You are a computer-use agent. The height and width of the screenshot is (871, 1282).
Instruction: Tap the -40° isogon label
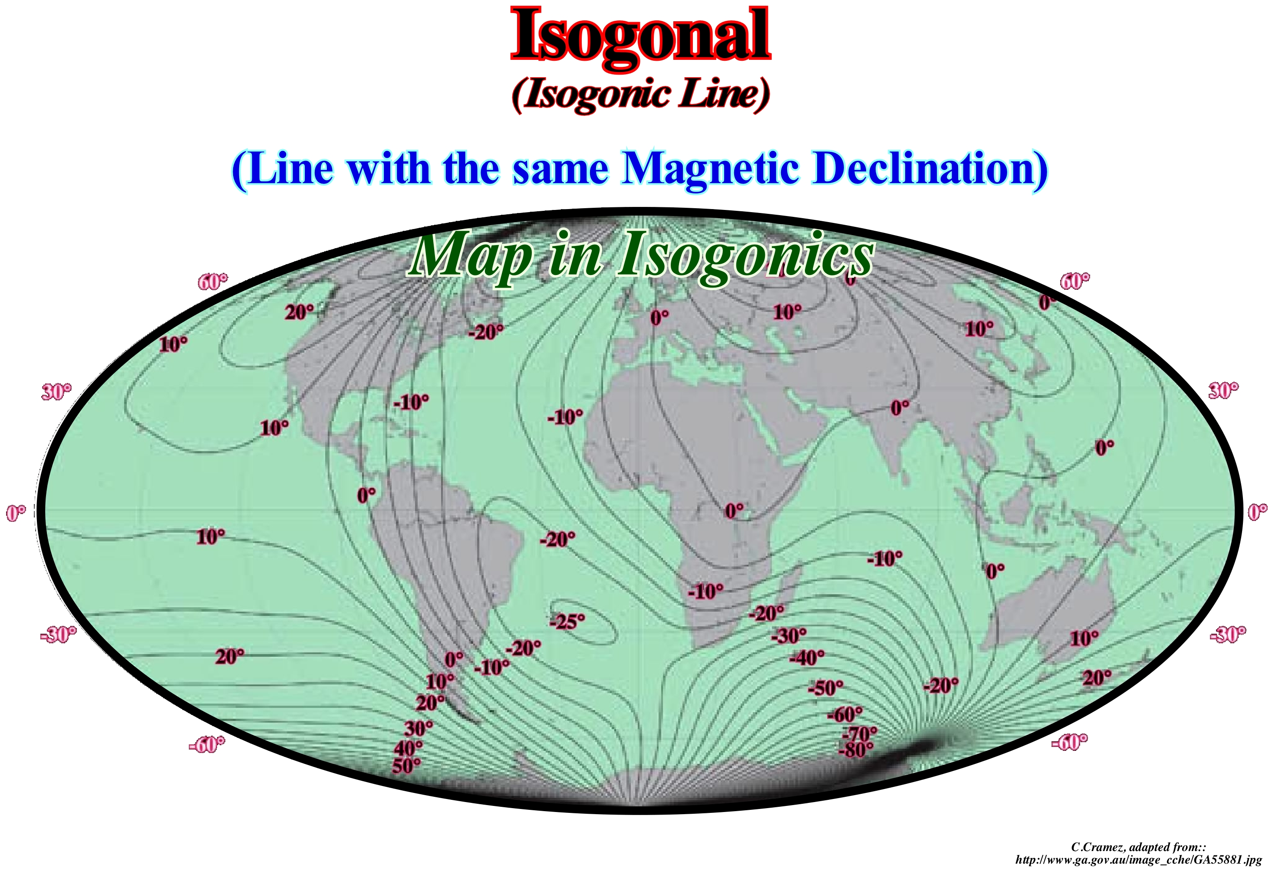pyautogui.click(x=807, y=658)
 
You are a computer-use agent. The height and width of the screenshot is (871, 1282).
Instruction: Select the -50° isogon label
pyautogui.click(x=825, y=688)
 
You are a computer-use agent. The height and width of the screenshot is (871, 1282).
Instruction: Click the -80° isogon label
pyautogui.click(x=856, y=750)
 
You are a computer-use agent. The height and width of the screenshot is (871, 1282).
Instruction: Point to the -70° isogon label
pyautogui.click(x=860, y=734)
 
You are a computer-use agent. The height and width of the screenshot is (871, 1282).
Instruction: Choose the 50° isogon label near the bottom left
pyautogui.click(x=406, y=766)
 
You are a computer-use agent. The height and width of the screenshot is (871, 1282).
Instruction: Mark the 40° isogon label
pyautogui.click(x=408, y=749)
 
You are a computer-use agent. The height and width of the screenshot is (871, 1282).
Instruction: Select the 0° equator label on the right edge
pyautogui.click(x=1258, y=513)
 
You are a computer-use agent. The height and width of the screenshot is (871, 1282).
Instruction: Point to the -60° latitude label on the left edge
pyautogui.click(x=207, y=744)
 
